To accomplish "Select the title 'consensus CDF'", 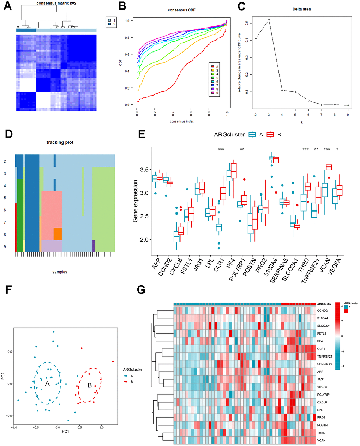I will (181, 10).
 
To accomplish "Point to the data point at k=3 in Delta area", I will (269, 20).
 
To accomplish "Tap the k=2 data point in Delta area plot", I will (256, 38).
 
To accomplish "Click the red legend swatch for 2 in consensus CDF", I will (212, 66).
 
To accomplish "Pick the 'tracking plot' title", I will (60, 142).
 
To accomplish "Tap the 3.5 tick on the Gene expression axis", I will (144, 170).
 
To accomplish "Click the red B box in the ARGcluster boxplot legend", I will (270, 134).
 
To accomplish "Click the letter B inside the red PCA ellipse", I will (90, 385).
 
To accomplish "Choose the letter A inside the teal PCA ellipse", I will (47, 383).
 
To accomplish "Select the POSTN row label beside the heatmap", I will (322, 425).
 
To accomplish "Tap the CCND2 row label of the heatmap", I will (322, 311).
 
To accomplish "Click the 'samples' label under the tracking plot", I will (60, 272).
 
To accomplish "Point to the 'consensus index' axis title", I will (182, 121).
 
